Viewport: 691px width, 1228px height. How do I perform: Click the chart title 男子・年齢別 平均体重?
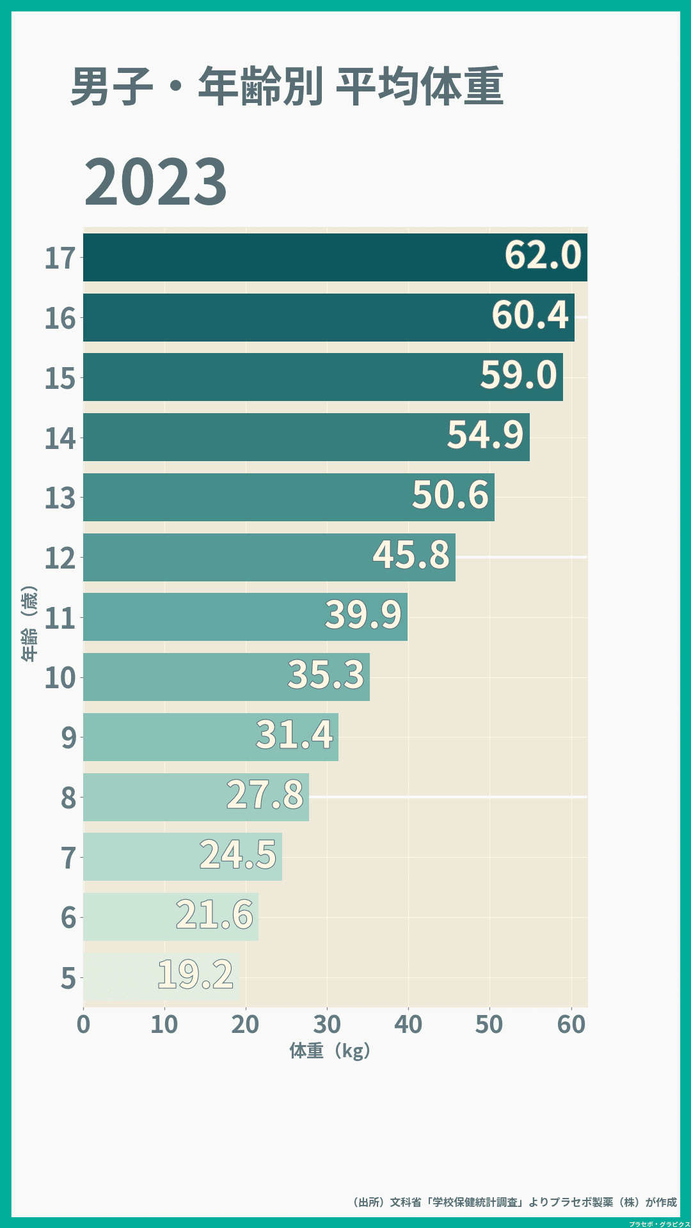click(287, 86)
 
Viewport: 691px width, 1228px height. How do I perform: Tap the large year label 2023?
click(155, 182)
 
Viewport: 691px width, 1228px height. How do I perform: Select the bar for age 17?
click(288, 257)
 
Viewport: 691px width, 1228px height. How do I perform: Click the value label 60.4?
click(530, 315)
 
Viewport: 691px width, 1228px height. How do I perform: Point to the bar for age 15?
click(282, 377)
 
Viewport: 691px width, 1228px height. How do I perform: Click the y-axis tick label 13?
click(60, 498)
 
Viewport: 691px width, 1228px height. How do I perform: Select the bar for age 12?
click(224, 557)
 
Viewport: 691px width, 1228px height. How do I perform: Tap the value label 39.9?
click(363, 615)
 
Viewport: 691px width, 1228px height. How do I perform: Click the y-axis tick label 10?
click(60, 678)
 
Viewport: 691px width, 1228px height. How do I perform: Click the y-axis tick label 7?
click(68, 858)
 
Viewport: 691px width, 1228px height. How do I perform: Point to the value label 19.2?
click(195, 975)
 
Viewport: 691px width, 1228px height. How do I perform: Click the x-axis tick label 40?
click(408, 1025)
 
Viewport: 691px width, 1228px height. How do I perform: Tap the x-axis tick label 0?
click(83, 1025)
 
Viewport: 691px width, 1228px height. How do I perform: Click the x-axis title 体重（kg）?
click(330, 1051)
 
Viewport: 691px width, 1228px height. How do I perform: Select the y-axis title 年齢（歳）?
click(29, 624)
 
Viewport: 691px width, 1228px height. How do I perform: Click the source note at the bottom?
click(515, 1202)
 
